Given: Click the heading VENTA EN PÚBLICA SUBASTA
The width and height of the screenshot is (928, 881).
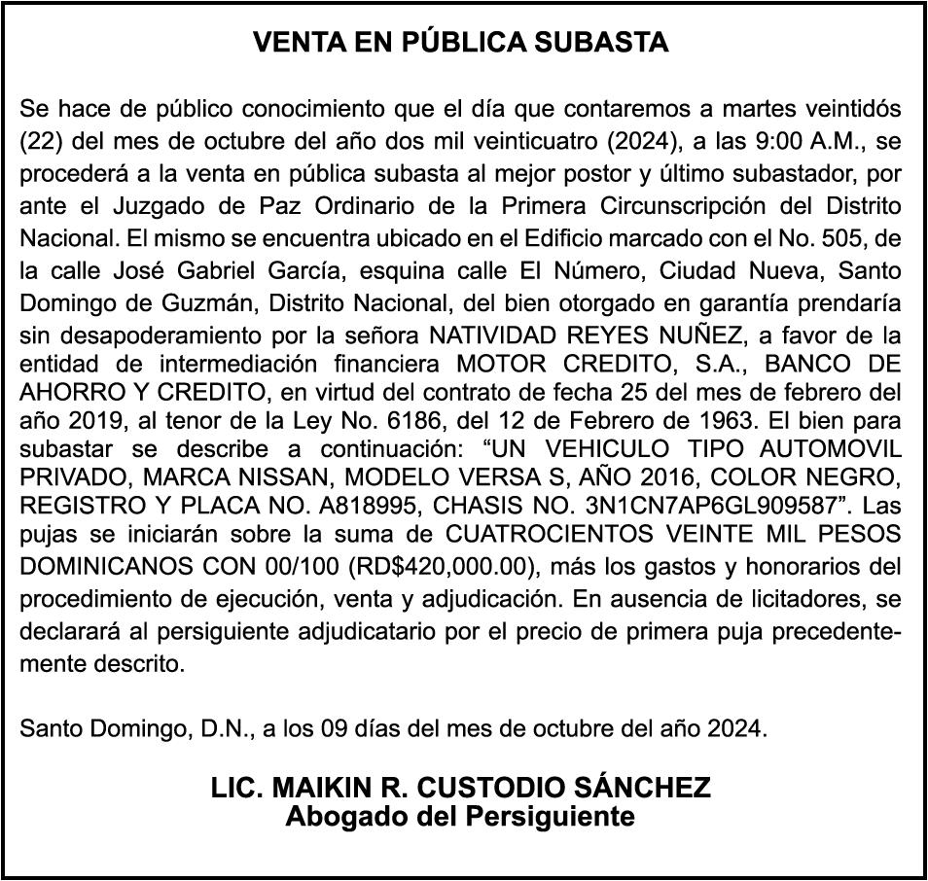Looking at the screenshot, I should coord(461,43).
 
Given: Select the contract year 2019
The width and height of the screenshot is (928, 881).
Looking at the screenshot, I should coord(84,423).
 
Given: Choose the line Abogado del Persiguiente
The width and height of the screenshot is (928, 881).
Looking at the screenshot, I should coord(460,816).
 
